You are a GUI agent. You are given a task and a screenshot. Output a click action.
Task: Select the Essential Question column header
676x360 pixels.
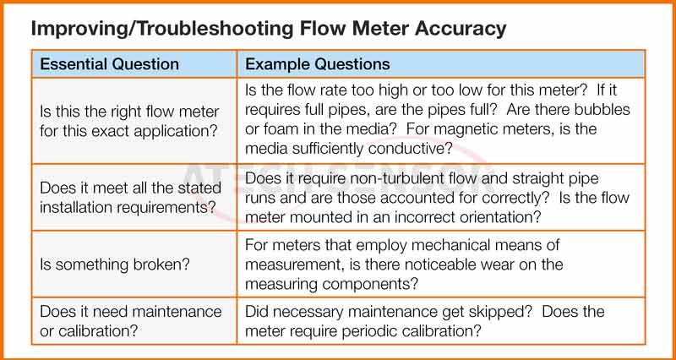(x=110, y=64)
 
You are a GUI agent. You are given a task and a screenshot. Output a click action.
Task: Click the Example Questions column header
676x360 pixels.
(x=318, y=64)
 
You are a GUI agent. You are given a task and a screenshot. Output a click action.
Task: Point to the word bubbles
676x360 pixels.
(x=602, y=109)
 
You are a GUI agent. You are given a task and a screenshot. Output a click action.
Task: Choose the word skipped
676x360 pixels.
(x=504, y=312)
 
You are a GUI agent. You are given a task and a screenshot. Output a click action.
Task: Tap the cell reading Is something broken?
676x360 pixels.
(x=115, y=265)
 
